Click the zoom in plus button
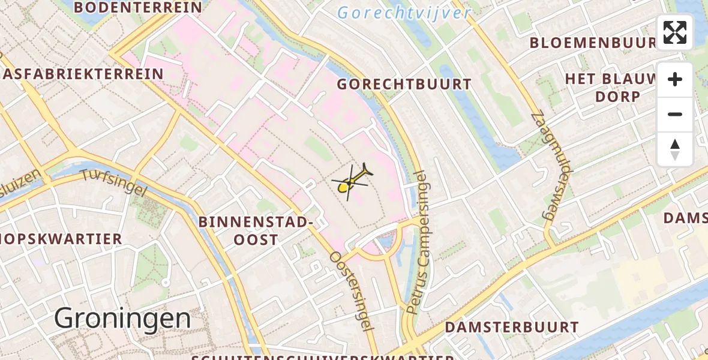(675, 79)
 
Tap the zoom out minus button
(675, 114)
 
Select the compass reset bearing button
(675, 149)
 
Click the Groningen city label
(122, 319)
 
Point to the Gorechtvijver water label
(404, 13)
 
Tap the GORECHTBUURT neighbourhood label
(404, 85)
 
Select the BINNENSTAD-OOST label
(256, 231)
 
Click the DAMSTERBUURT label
(511, 328)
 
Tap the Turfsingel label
(113, 182)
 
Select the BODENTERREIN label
(138, 8)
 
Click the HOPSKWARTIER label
(60, 239)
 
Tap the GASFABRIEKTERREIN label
(82, 74)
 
